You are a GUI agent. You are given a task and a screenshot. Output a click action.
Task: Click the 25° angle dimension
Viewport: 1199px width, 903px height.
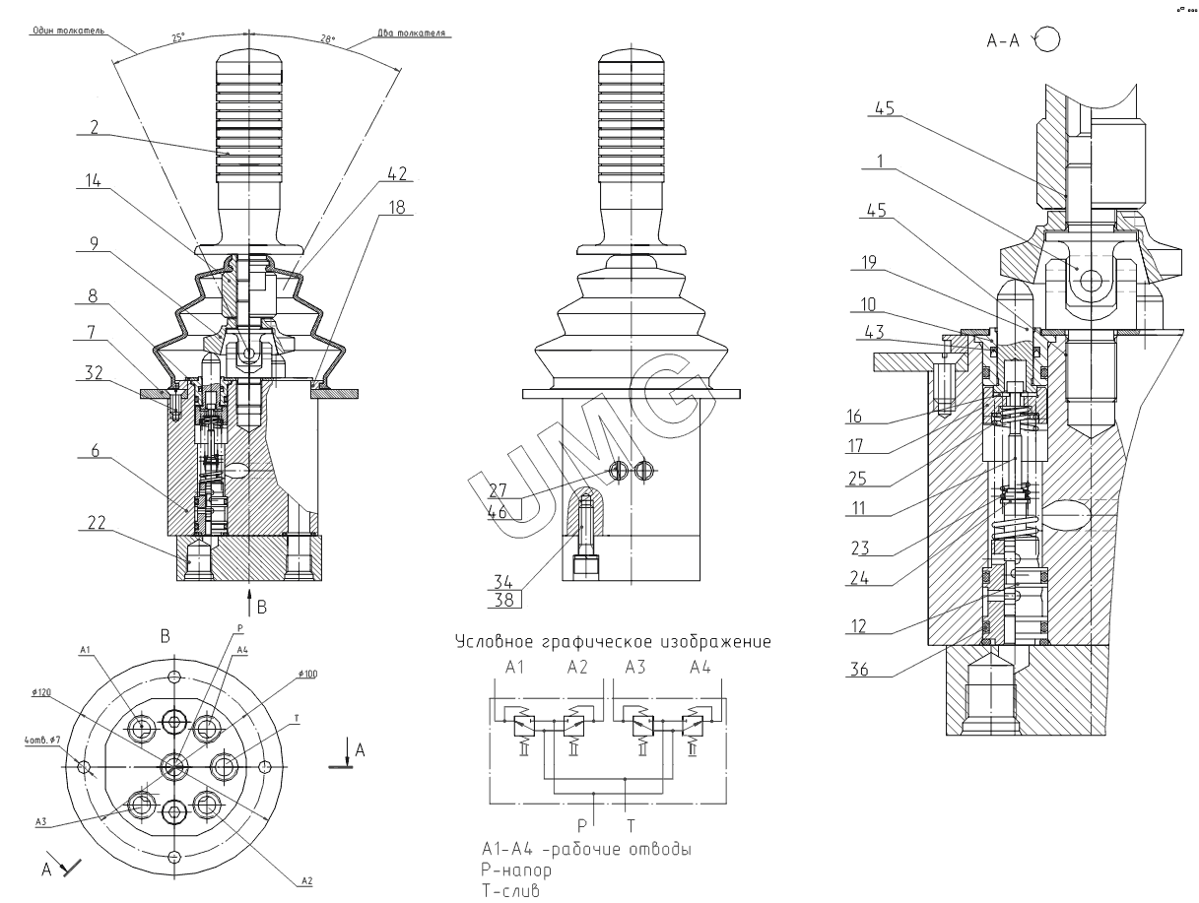coord(178,37)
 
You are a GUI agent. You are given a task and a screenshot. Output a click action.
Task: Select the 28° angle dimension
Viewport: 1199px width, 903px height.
coord(328,39)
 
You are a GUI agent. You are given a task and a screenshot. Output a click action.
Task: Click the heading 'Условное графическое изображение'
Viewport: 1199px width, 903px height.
coord(612,642)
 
